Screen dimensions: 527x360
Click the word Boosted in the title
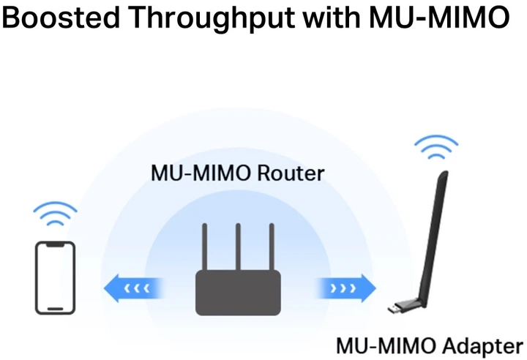61,17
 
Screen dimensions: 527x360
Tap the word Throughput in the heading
212,19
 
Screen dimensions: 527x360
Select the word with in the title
332,17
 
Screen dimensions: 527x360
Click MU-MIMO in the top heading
439,17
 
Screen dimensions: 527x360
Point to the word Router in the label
291,173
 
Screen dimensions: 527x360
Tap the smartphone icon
56,278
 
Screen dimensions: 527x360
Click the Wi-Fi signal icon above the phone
55,214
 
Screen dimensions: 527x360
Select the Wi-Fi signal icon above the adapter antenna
436,147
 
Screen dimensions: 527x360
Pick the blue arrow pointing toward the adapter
345,288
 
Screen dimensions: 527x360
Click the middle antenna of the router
239,247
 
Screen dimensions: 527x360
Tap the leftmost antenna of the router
205,247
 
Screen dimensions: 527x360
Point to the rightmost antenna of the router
272,247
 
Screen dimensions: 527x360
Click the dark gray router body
239,293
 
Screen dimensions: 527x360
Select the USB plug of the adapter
395,308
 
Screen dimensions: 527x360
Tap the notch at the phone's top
56,244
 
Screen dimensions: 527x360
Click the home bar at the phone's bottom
56,309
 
